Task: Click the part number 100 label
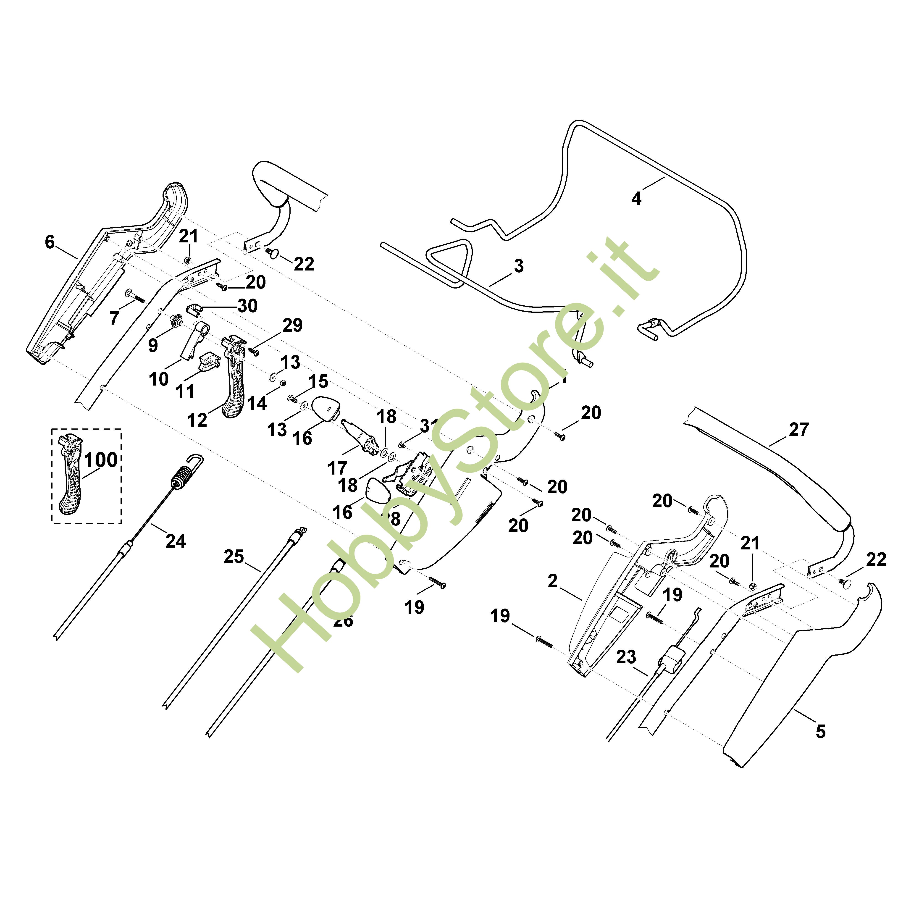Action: coord(101,460)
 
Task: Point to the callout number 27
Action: coord(799,430)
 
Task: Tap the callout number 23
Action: coord(626,657)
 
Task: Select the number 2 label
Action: coord(552,581)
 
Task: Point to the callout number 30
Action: coord(247,306)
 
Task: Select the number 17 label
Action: coord(337,468)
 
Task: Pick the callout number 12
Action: coord(197,420)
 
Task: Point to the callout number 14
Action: coord(257,403)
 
